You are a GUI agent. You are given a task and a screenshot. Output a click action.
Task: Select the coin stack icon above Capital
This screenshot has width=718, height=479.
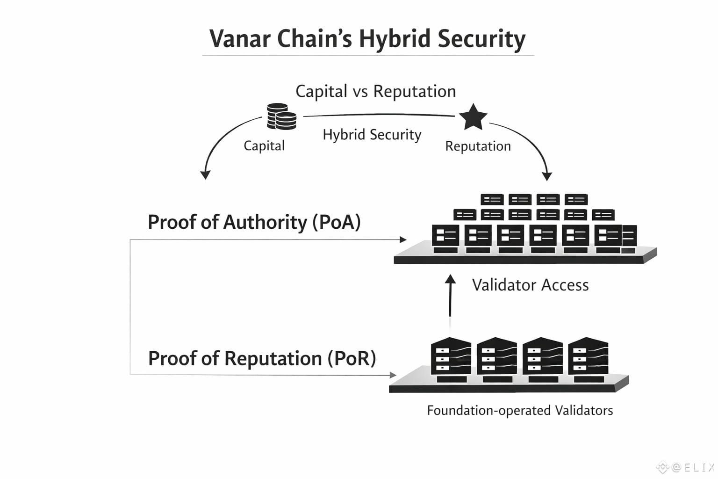pyautogui.click(x=281, y=116)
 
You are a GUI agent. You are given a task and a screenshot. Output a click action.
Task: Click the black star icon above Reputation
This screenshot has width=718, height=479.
pyautogui.click(x=473, y=117)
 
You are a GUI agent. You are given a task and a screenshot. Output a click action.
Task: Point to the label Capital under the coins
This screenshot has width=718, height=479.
pyautogui.click(x=264, y=145)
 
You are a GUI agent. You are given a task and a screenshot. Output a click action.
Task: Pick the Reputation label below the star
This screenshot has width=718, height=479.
pyautogui.click(x=478, y=146)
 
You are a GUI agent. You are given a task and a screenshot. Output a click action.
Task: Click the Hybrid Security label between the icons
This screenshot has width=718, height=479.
pyautogui.click(x=372, y=135)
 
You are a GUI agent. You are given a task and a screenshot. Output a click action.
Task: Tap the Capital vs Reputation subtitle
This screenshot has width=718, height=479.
pyautogui.click(x=375, y=91)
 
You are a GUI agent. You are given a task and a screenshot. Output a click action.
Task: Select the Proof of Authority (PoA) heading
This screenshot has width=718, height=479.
pyautogui.click(x=254, y=222)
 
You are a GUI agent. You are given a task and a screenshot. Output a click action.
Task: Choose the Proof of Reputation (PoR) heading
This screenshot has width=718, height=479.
pyautogui.click(x=262, y=358)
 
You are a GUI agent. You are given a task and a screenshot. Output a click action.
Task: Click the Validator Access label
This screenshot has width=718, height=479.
pyautogui.click(x=530, y=285)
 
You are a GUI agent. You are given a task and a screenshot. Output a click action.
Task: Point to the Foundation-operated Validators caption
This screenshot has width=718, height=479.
pyautogui.click(x=520, y=410)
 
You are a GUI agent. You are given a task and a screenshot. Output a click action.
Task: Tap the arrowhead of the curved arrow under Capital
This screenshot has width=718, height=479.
pyautogui.click(x=205, y=175)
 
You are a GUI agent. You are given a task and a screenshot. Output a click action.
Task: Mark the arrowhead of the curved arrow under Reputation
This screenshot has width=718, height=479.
pyautogui.click(x=547, y=176)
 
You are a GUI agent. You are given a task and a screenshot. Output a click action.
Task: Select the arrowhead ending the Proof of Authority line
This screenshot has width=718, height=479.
pyautogui.click(x=403, y=239)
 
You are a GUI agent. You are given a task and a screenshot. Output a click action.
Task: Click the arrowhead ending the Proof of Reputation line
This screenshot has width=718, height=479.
pyautogui.click(x=393, y=375)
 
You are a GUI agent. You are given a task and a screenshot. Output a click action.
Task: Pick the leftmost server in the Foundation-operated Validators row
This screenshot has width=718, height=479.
pyautogui.click(x=451, y=359)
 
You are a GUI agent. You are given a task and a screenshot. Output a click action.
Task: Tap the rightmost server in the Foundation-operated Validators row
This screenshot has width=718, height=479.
pyautogui.click(x=588, y=359)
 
